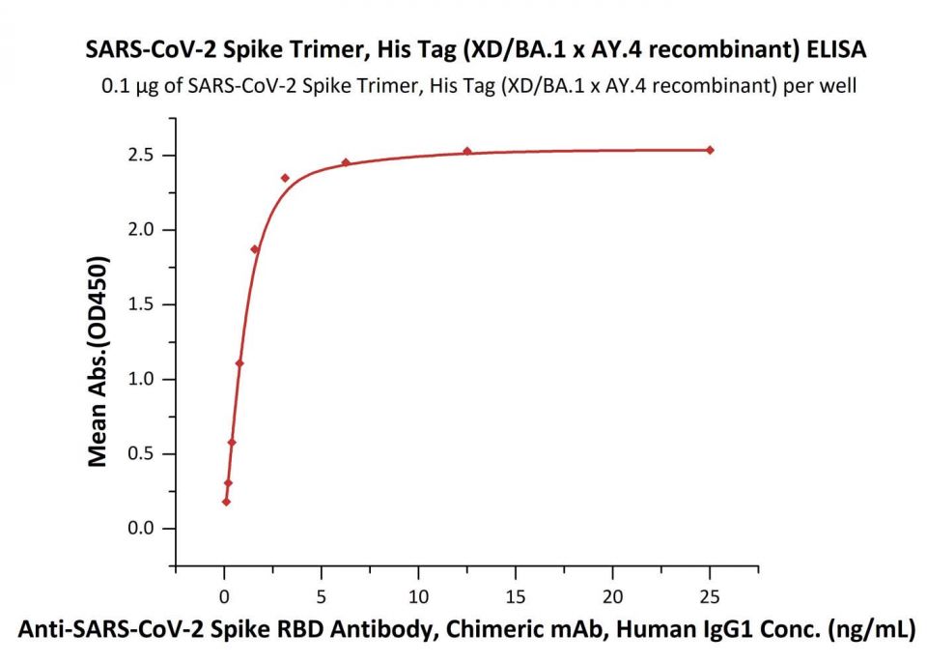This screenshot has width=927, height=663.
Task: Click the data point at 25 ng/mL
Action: click(x=710, y=150)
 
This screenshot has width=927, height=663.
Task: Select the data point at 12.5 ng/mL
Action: click(x=467, y=151)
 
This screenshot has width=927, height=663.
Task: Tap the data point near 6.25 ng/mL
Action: click(x=346, y=162)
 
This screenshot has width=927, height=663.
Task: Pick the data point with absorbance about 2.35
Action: click(x=285, y=178)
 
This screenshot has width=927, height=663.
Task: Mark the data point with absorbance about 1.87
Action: click(x=255, y=249)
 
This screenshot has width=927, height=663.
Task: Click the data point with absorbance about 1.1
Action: click(x=239, y=363)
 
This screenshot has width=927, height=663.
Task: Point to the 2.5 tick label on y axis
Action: click(x=144, y=156)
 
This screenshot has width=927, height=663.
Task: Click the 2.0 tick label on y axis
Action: click(x=144, y=230)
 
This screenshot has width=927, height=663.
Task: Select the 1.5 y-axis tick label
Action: click(x=144, y=304)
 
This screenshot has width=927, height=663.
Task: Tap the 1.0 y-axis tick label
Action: click(x=144, y=379)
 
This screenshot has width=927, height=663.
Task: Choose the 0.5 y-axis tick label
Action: click(x=144, y=454)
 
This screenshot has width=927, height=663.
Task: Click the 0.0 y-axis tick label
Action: click(x=144, y=529)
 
